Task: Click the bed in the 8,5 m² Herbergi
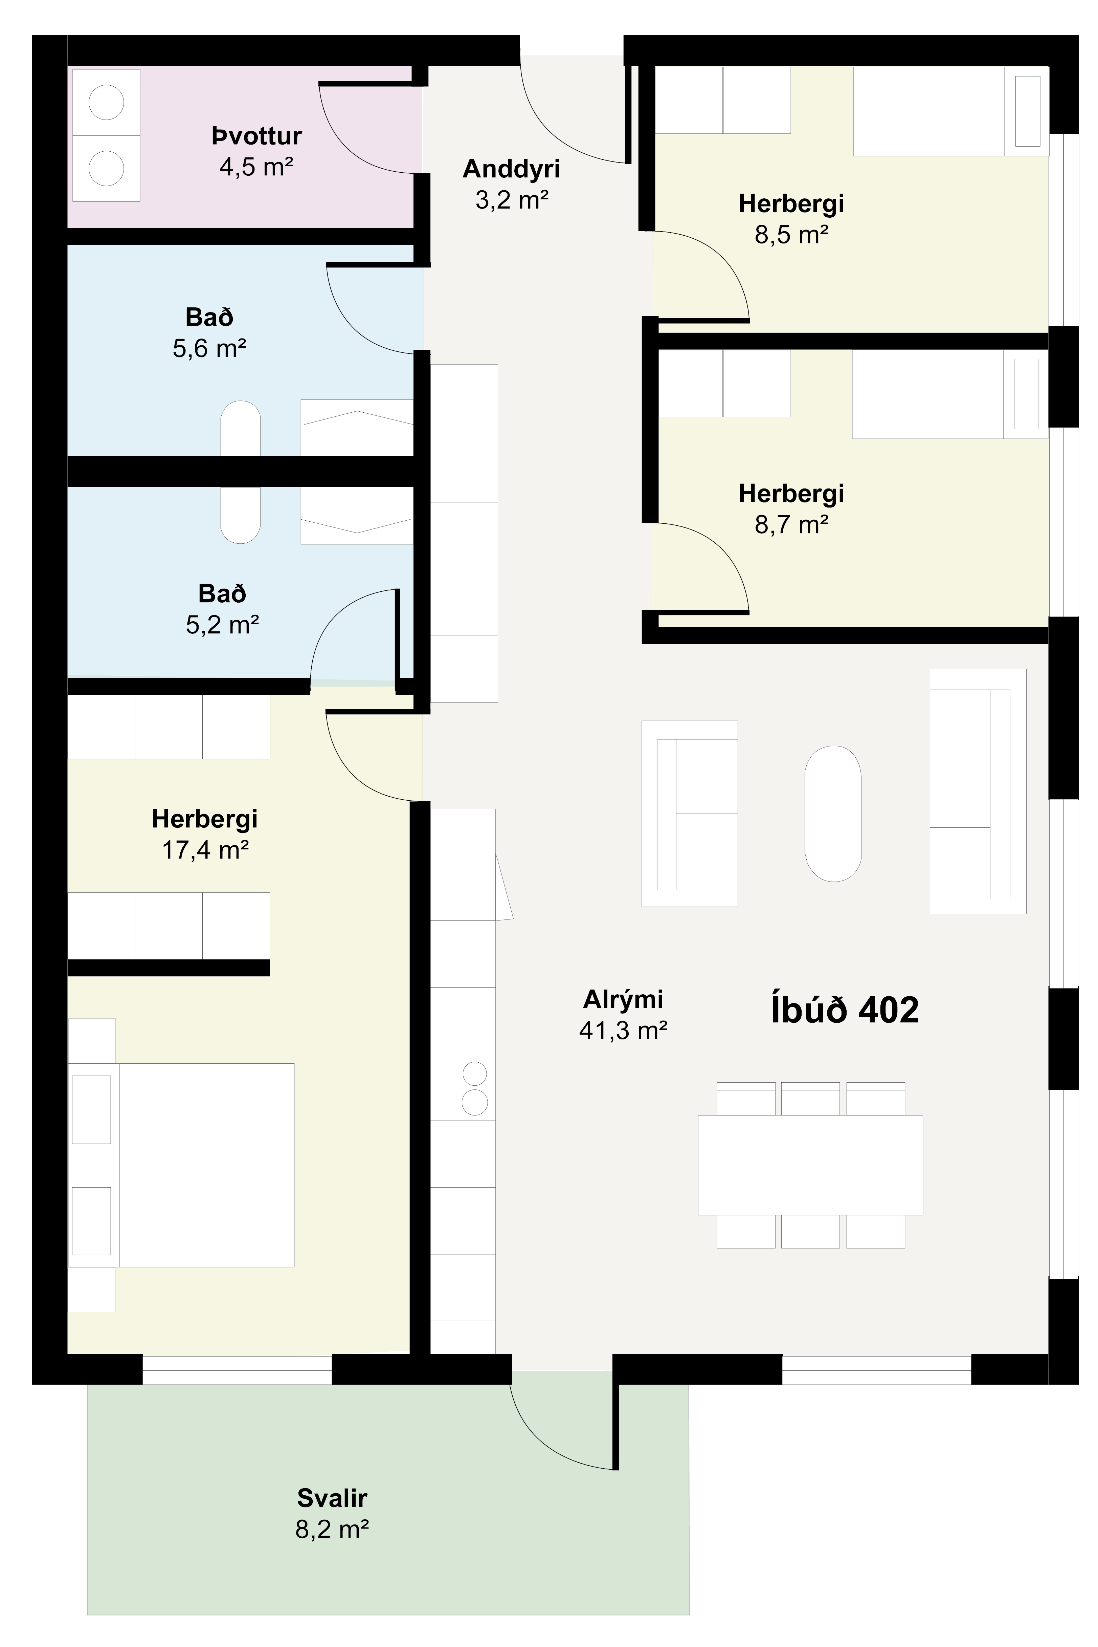(951, 111)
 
